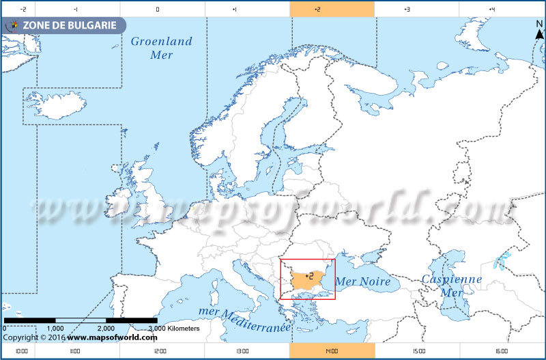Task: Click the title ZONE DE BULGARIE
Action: (65, 26)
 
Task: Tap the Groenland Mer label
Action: (162, 48)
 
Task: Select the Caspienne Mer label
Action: (451, 285)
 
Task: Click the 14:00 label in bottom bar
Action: (332, 351)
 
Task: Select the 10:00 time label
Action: (20, 351)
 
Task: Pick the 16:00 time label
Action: (501, 351)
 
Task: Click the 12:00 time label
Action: (160, 351)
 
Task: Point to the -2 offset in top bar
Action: (23, 9)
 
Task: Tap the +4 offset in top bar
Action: (491, 9)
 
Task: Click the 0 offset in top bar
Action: (158, 9)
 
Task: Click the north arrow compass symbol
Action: (538, 31)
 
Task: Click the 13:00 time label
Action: (242, 351)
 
